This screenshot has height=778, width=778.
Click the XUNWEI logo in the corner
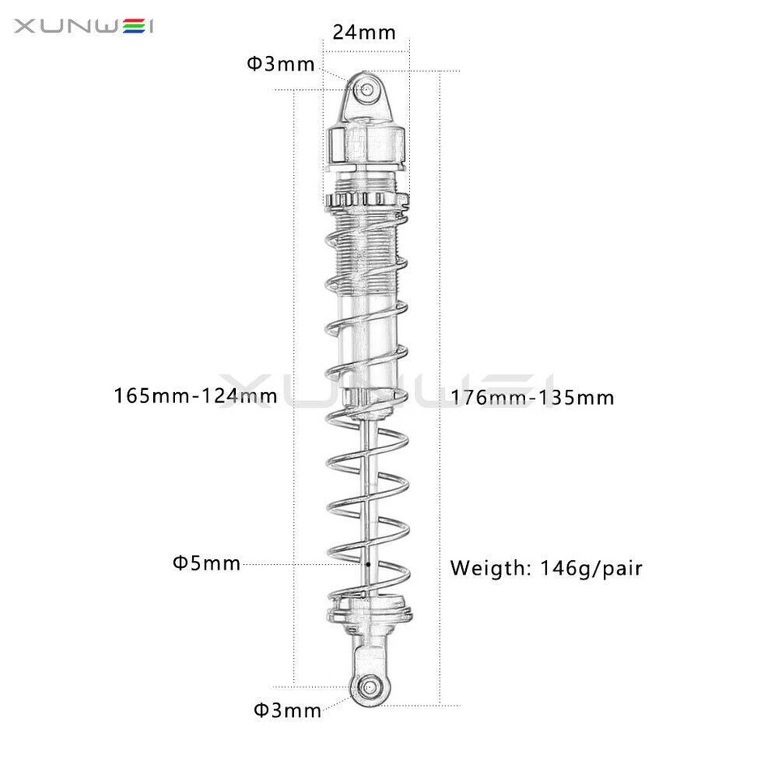[84, 28]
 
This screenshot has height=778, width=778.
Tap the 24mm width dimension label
[364, 32]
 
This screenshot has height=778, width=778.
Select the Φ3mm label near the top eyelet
[280, 64]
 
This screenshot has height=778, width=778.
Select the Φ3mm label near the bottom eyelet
[288, 711]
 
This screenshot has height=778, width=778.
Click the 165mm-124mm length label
[196, 396]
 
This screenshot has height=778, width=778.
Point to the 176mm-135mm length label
[533, 398]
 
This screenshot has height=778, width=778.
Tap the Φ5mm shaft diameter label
[207, 563]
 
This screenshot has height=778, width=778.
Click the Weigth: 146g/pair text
[546, 568]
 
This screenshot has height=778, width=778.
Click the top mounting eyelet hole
[368, 88]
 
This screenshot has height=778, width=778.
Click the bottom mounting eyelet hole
[371, 685]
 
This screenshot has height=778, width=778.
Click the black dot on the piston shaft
[368, 563]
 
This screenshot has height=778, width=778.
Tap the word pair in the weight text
[619, 568]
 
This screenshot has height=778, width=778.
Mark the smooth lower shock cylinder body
[369, 340]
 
